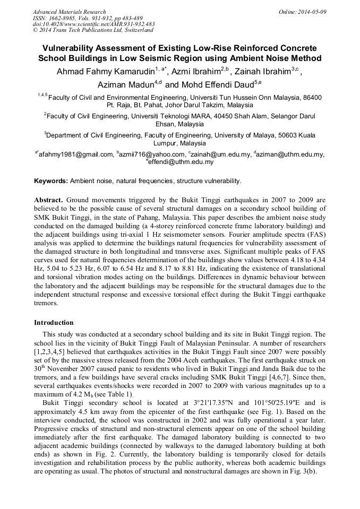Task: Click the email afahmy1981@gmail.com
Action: pyautogui.click(x=76, y=154)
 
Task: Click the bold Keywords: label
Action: pyautogui.click(x=51, y=181)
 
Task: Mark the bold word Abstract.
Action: pyautogui.click(x=48, y=200)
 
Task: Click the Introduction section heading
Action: pyautogui.click(x=54, y=323)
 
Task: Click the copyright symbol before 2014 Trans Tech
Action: pyautogui.click(x=35, y=31)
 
